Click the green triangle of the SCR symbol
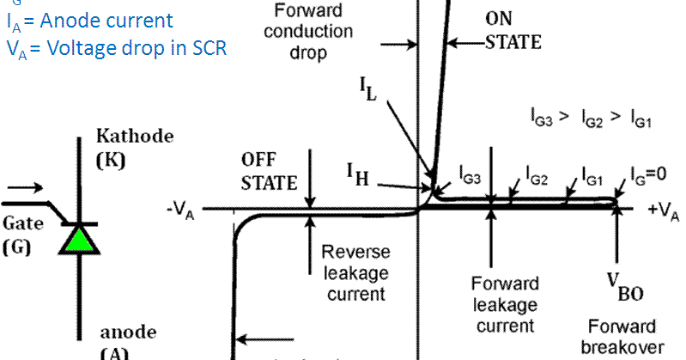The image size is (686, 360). click(80, 239)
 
